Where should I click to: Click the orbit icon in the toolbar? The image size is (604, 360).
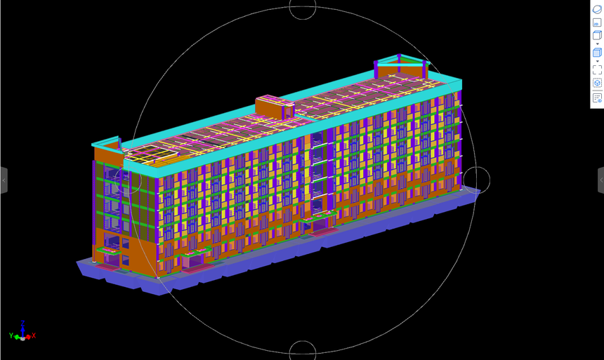coord(597,9)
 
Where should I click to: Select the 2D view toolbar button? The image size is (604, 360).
coord(597,22)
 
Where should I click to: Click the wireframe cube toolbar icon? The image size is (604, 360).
coord(597,35)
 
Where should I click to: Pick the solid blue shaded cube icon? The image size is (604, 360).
coord(597,53)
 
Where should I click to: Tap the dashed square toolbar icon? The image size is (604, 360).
coord(597,69)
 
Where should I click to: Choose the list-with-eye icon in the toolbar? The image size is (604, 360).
coord(597,98)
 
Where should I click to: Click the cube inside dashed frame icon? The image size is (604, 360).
coord(597,83)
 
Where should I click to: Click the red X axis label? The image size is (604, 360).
coord(34,335)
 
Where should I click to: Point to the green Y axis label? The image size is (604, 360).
coord(11,335)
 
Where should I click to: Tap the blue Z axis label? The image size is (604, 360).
coord(22,324)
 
